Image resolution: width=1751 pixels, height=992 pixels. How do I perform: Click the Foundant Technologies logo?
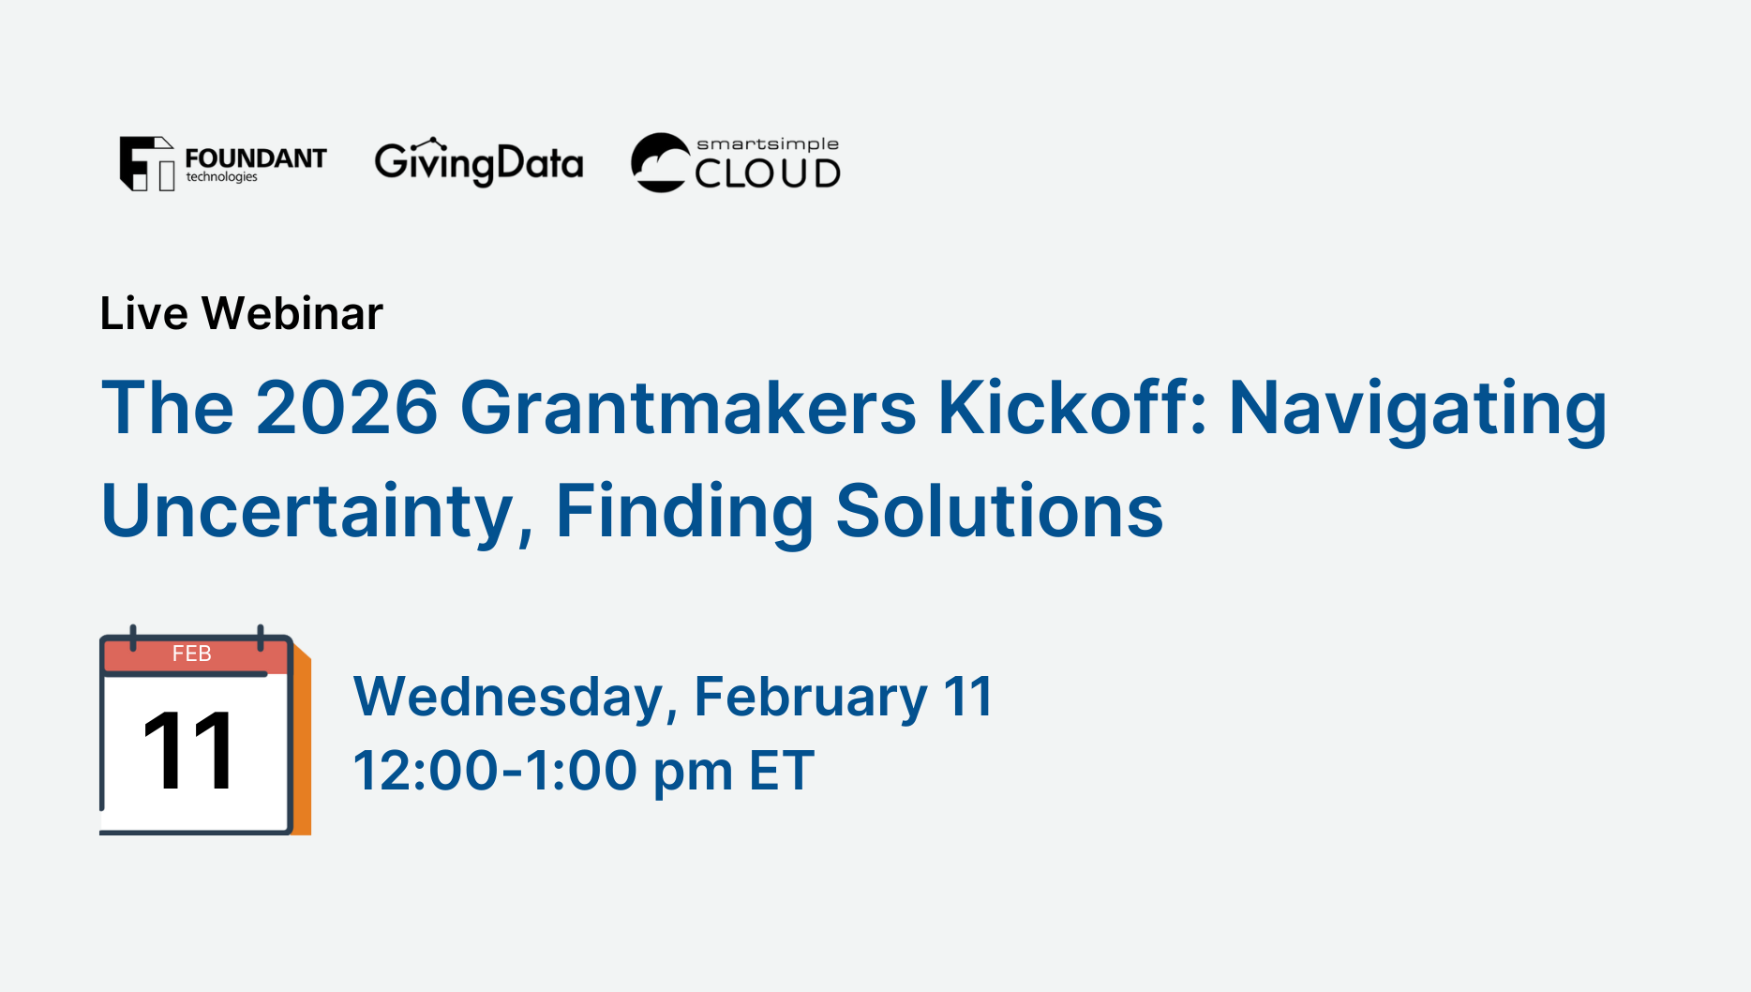pyautogui.click(x=223, y=164)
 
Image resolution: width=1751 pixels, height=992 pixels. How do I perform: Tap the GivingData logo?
pyautogui.click(x=479, y=163)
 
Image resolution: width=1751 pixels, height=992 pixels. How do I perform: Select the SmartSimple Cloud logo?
pyautogui.click(x=736, y=162)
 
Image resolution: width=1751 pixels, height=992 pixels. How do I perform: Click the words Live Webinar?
pyautogui.click(x=242, y=313)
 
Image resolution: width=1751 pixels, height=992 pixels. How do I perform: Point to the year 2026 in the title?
pyautogui.click(x=347, y=408)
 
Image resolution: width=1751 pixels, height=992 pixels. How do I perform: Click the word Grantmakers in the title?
pyautogui.click(x=688, y=408)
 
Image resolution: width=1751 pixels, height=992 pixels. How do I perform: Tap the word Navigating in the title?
pyautogui.click(x=1418, y=411)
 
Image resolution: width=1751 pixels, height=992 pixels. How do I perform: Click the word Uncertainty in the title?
pyautogui.click(x=317, y=511)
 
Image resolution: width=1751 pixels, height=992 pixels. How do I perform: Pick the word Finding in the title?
pyautogui.click(x=685, y=513)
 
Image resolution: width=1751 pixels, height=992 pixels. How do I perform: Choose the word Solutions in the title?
pyautogui.click(x=999, y=511)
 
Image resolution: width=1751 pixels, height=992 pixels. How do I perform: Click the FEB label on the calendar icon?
pyautogui.click(x=192, y=654)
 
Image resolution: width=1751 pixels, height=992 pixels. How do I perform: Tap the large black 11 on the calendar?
pyautogui.click(x=188, y=750)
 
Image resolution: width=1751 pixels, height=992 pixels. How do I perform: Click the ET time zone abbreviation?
pyautogui.click(x=782, y=771)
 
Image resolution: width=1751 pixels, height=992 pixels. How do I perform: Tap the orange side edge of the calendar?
pyautogui.click(x=302, y=740)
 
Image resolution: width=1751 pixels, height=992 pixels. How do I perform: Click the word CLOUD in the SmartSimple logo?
pyautogui.click(x=768, y=173)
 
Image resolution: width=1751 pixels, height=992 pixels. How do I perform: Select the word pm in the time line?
pyautogui.click(x=693, y=774)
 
